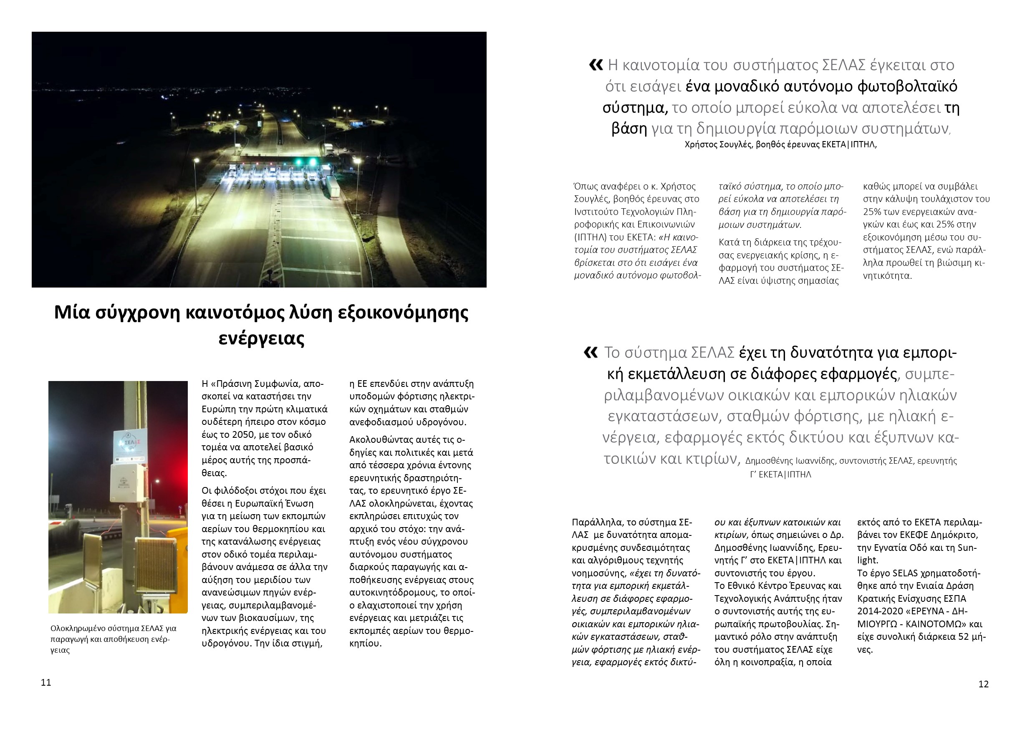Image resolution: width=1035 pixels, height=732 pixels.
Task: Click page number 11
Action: [x=46, y=682]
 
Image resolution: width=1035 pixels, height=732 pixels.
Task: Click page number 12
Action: [x=983, y=684]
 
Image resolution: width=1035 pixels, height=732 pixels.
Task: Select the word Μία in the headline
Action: [x=72, y=312]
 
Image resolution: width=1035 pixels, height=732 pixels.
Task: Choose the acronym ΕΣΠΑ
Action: [x=951, y=598]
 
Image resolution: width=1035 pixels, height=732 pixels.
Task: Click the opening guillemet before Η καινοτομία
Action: [x=596, y=66]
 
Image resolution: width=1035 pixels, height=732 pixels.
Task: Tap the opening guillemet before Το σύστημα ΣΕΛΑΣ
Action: [x=591, y=353]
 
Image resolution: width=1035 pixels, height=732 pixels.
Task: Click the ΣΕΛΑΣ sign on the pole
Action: [x=130, y=446]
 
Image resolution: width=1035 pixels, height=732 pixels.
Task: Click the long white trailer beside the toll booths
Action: [x=333, y=186]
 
